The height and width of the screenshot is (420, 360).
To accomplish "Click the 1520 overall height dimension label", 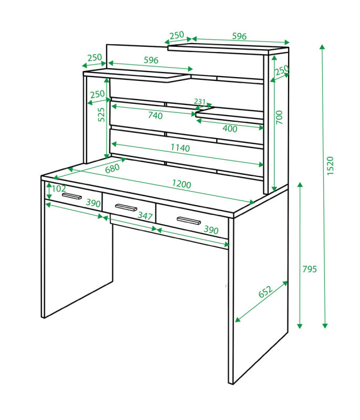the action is pos(331,166).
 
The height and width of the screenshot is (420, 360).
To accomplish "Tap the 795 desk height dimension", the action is pos(310,269).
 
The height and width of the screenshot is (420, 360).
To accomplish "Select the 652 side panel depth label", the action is pos(266,292).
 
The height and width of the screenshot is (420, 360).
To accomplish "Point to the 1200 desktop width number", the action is pos(182,184).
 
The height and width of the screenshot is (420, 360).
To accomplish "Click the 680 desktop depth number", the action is pos(112,169).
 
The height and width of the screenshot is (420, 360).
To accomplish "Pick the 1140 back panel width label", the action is pos(180,148).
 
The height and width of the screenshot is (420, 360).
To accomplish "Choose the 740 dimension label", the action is pos(155,115).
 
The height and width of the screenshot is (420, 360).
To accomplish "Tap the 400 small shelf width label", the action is pos(230,129).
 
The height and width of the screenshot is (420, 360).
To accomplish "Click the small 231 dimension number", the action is pos(199,102).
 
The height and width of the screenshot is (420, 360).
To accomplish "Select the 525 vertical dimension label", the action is pos(101,114).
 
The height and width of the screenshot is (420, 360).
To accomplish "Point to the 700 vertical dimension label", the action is pos(279,117).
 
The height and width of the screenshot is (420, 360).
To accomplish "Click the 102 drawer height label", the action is pos(59,188).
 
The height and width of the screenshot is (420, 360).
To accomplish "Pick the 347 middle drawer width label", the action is pos(145,216).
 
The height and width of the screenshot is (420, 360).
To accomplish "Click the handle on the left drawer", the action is pos(72,196).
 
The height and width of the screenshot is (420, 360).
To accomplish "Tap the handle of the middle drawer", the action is pos(126,207).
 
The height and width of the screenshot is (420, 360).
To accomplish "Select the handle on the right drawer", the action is pos(189,220).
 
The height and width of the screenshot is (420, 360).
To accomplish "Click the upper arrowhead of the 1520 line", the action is pos(322,47).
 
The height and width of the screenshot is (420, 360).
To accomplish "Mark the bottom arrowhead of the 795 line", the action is pos(300,326).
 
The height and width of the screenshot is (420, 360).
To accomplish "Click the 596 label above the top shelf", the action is pos(239,36).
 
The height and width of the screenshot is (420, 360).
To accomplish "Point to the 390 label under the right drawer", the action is pos(211,230).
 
